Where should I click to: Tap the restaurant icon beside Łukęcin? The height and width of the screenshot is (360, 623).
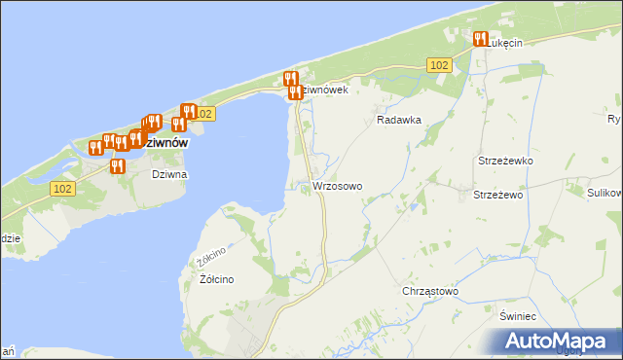click(480, 39)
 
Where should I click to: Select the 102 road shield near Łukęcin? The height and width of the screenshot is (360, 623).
click(438, 64)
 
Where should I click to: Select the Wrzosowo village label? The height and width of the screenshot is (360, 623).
click(338, 185)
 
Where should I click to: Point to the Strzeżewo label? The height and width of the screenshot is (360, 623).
click(498, 195)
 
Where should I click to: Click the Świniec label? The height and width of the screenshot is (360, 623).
click(518, 317)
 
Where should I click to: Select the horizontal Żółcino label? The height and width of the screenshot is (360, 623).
click(216, 279)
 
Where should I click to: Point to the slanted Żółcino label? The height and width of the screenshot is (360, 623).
click(211, 257)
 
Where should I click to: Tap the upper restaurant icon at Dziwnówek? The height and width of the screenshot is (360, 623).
click(290, 79)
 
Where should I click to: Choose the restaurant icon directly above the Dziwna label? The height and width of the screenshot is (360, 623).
click(119, 165)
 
